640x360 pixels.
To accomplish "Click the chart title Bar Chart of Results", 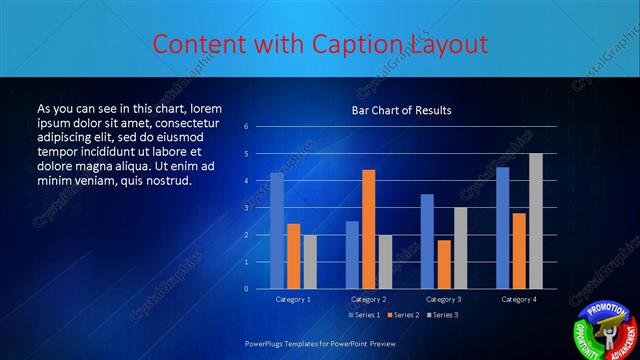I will pos(401,110).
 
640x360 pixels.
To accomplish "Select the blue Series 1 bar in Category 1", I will pos(277,231).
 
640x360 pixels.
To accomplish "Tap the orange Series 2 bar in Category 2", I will pos(369,229).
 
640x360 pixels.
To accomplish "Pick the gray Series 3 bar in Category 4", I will pos(536,221).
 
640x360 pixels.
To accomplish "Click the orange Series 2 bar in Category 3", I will pos(444,264).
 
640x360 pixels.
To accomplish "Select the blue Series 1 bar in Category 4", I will pos(502,228).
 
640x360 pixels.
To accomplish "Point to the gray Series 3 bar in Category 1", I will pos(310,261).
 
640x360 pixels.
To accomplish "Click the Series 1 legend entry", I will pos(363,315).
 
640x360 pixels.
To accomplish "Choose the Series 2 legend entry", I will pos(402,315).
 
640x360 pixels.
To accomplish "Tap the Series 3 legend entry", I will pos(441,315).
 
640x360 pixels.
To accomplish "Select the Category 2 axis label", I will pos(369,299).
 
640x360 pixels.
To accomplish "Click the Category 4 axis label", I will pos(519,299).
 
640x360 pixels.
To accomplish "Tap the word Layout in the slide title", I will pos(448,45).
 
